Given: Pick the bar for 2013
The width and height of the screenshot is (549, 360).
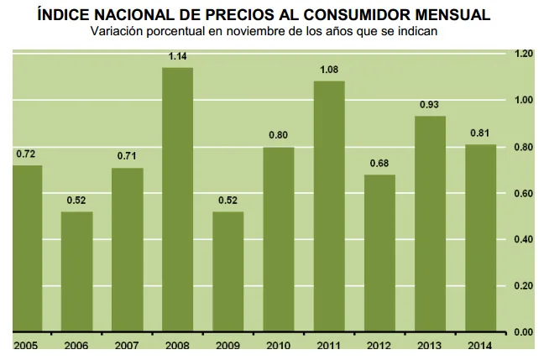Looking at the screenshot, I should click(x=430, y=223).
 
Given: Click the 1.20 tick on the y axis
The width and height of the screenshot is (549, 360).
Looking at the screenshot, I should click(x=524, y=54).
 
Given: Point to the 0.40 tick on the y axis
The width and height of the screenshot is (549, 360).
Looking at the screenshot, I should click(x=524, y=240).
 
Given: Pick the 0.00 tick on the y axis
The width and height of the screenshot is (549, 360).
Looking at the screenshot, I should click(x=524, y=332).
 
